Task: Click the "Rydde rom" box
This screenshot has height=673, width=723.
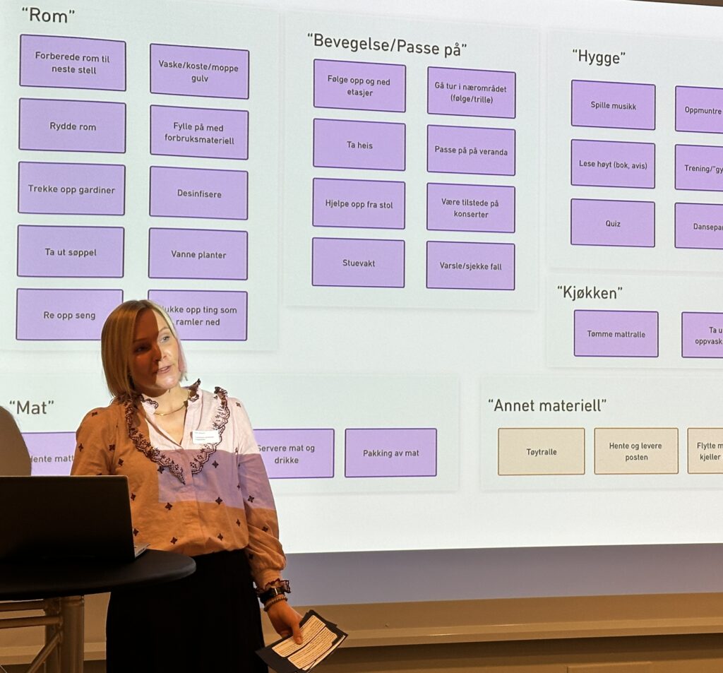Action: (72, 126)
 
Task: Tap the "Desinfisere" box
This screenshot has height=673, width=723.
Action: (198, 193)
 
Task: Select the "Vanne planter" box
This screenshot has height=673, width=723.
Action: (198, 254)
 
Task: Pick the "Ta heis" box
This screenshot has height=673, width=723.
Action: (359, 145)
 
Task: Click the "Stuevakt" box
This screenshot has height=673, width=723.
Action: (358, 263)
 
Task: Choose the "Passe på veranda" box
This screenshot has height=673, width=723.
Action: (471, 150)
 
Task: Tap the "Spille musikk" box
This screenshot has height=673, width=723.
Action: (613, 105)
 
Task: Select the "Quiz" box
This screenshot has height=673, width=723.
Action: (612, 223)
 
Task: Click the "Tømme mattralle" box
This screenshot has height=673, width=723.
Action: (616, 333)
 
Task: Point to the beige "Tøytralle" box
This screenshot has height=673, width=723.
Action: (541, 451)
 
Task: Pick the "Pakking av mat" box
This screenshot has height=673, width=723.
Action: (390, 453)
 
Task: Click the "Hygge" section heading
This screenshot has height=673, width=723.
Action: (599, 57)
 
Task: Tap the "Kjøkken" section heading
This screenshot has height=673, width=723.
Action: (589, 292)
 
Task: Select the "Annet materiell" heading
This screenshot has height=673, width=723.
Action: (546, 405)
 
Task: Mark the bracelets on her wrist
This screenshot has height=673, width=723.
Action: (274, 593)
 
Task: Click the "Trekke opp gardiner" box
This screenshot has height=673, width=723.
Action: (71, 189)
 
